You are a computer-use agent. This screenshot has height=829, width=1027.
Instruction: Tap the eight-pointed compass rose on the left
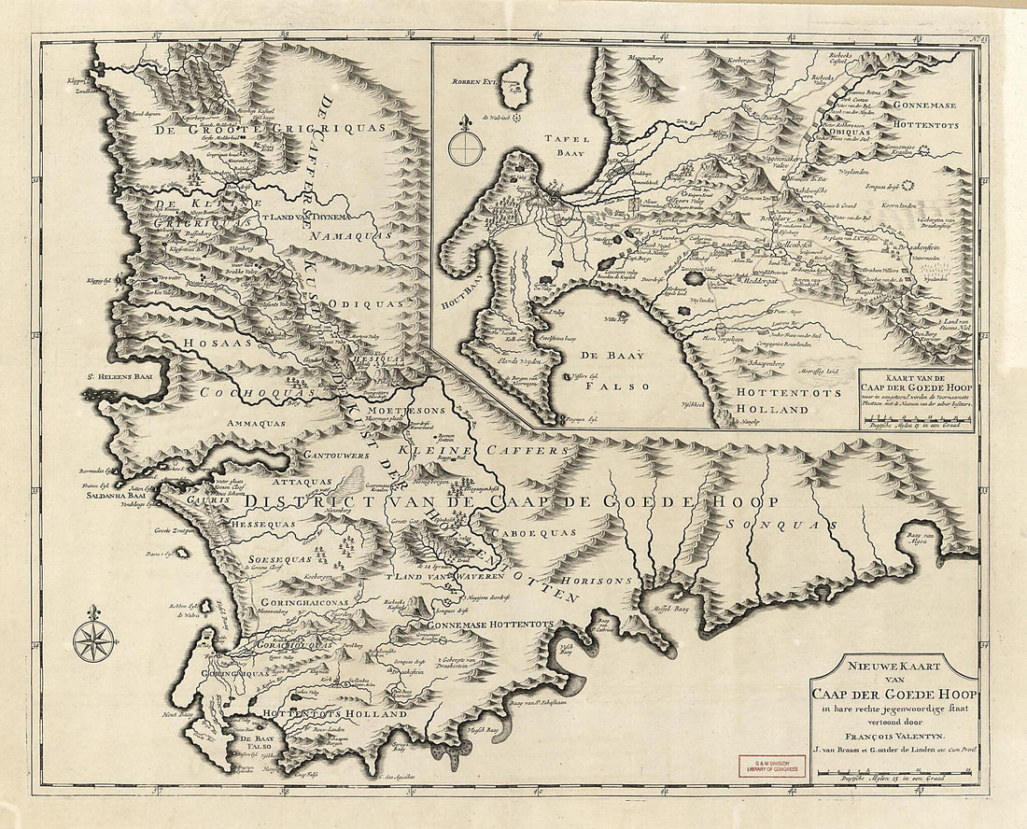(93, 639)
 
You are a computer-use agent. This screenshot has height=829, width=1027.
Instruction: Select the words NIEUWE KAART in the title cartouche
(893, 665)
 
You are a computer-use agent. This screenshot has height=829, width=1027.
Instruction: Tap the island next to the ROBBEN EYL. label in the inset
(513, 87)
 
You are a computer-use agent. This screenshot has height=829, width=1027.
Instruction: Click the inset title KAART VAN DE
(912, 375)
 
